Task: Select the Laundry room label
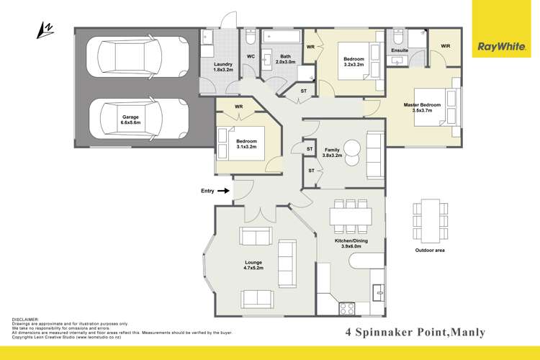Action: tap(222, 68)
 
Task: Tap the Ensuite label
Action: tap(400, 50)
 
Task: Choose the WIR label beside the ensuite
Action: tap(445, 46)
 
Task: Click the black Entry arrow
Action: tap(224, 191)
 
